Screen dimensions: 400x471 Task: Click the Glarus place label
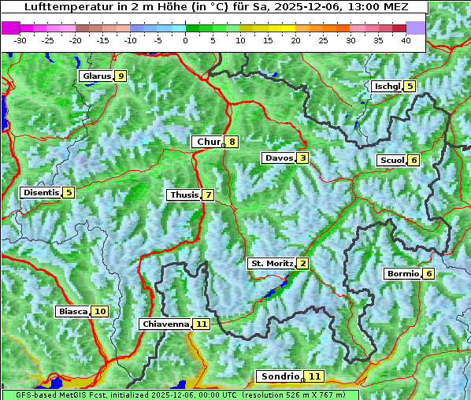(95, 76)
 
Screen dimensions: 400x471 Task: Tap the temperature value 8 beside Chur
(232, 143)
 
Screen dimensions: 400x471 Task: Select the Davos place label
(278, 158)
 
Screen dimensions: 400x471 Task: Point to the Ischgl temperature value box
(410, 86)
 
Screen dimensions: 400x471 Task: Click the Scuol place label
(391, 161)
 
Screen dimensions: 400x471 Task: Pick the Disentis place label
(41, 193)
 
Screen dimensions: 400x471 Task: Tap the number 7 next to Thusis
(208, 195)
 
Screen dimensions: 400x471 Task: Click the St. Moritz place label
(271, 263)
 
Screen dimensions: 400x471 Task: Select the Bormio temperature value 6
(428, 274)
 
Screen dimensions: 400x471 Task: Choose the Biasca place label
(72, 312)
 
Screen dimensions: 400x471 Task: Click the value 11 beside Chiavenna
(202, 324)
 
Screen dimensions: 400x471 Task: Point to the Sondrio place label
(280, 377)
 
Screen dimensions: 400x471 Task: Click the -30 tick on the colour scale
(20, 39)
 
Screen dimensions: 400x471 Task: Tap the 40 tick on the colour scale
(406, 39)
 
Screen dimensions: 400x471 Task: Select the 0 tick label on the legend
(185, 39)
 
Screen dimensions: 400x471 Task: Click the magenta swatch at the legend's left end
(10, 28)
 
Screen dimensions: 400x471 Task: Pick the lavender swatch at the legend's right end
(416, 28)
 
